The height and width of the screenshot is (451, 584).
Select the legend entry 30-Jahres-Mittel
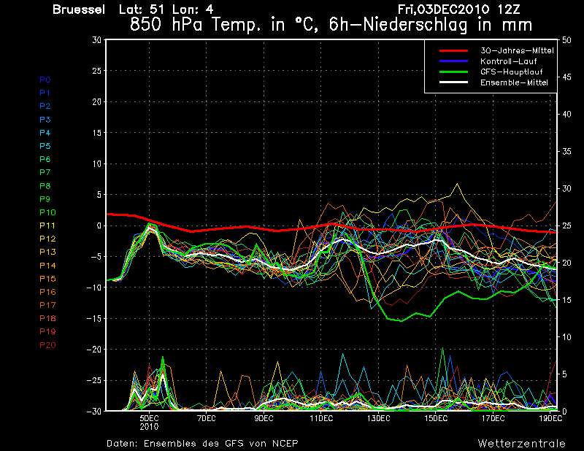[x=516, y=50]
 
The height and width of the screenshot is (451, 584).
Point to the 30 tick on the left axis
[x=96, y=40]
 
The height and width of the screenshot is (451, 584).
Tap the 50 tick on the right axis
[x=566, y=40]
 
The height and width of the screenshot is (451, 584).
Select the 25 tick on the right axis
[x=566, y=225]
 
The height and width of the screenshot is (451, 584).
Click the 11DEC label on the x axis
[x=321, y=418]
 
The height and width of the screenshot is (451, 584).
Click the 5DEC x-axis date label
[x=149, y=418]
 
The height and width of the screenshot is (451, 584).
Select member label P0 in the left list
[x=45, y=80]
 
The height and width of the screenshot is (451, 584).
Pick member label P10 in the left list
[x=47, y=212]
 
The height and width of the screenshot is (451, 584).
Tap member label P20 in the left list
[x=47, y=345]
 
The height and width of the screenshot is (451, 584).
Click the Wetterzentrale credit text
[x=520, y=443]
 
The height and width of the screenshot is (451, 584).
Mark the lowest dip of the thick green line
[x=399, y=320]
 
